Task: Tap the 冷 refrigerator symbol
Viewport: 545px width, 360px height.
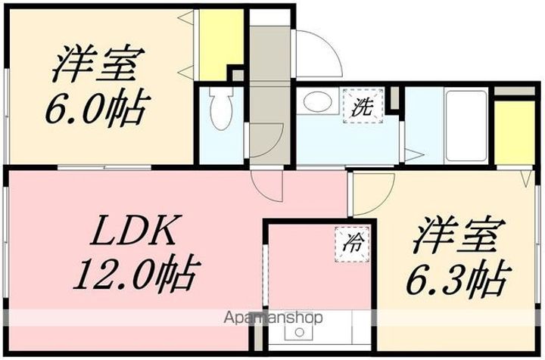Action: [x=353, y=243]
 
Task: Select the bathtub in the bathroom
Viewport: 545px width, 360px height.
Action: [x=466, y=126]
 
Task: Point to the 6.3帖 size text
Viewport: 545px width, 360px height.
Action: [x=457, y=281]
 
